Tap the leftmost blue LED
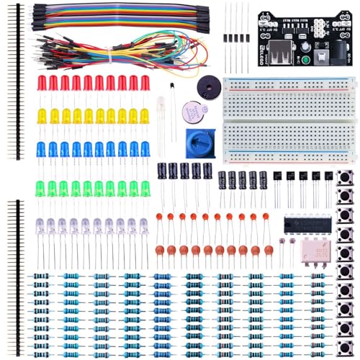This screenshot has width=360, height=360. [x=42, y=149]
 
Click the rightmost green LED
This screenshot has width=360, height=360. [x=145, y=189]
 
